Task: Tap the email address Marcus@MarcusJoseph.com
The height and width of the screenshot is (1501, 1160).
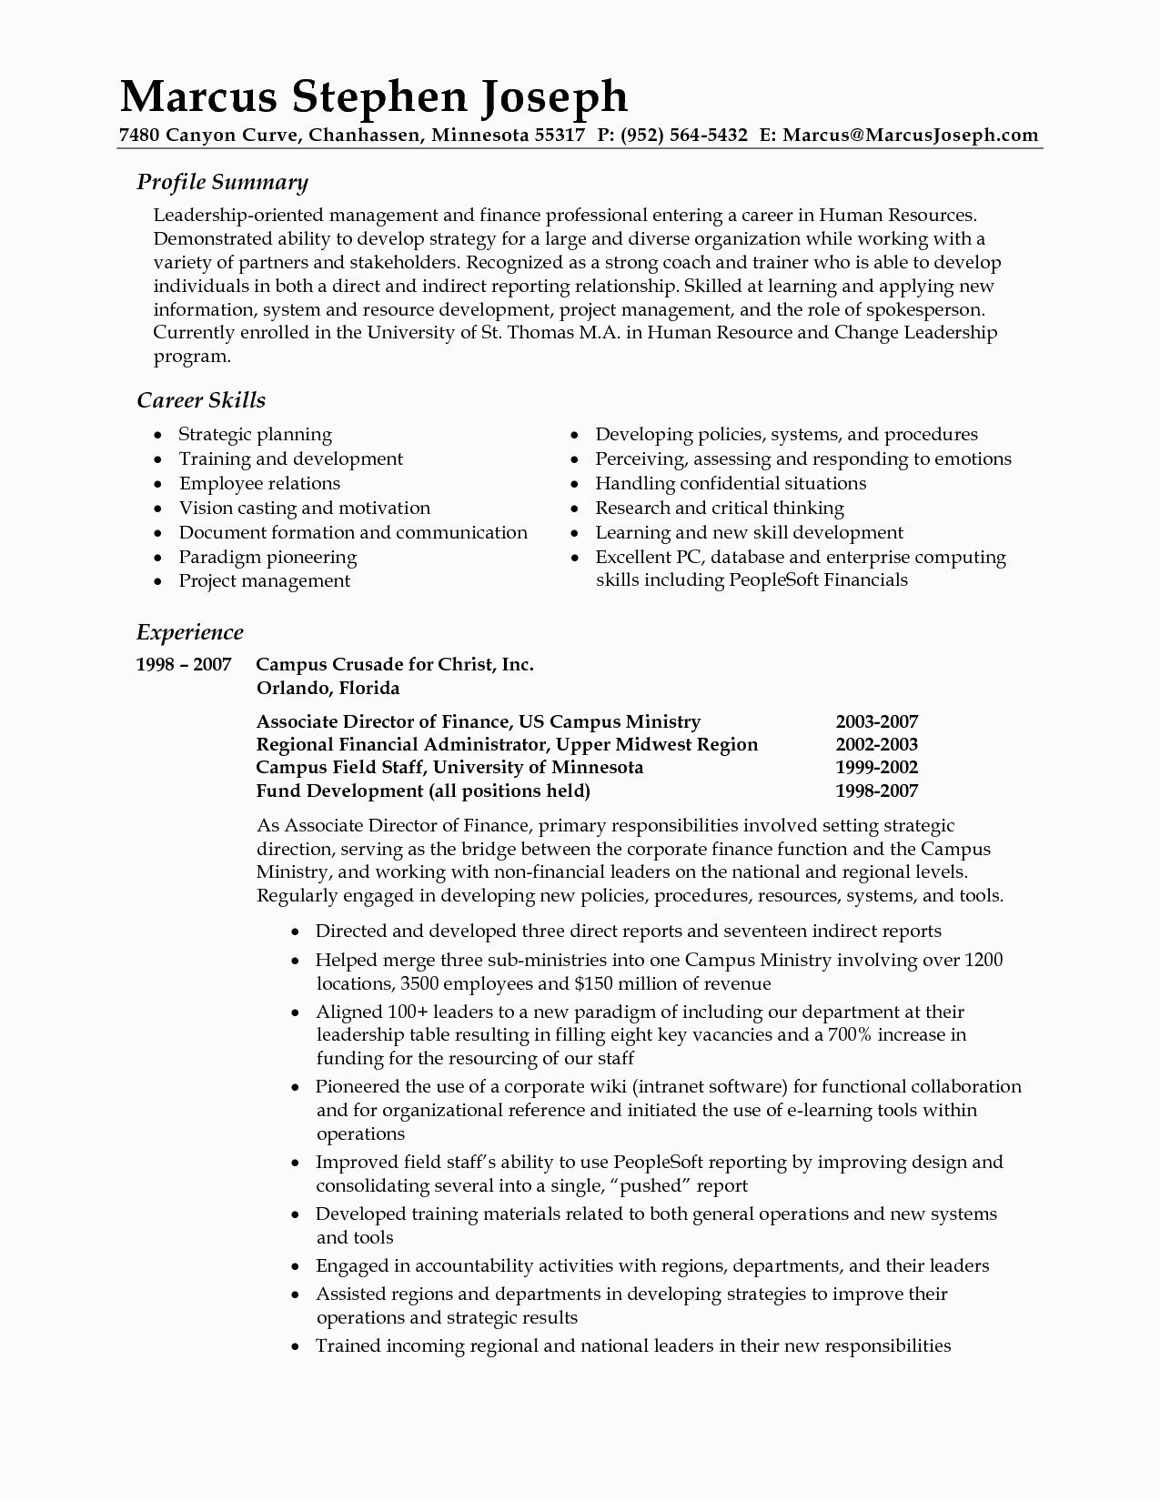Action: pyautogui.click(x=910, y=136)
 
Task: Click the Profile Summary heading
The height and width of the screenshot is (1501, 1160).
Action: pyautogui.click(x=222, y=182)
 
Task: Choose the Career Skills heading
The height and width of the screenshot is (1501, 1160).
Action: pyautogui.click(x=200, y=399)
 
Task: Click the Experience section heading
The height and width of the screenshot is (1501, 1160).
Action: pyautogui.click(x=189, y=631)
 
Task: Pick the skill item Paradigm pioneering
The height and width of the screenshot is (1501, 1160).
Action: pyautogui.click(x=267, y=557)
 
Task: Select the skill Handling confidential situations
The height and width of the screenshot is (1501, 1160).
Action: pyautogui.click(x=731, y=483)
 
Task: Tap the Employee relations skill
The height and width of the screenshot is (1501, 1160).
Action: pyautogui.click(x=259, y=483)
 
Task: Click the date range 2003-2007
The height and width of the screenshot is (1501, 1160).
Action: pyautogui.click(x=876, y=721)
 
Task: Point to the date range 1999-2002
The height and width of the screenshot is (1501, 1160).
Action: pyautogui.click(x=876, y=767)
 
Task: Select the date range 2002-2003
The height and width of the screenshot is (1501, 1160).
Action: pyautogui.click(x=876, y=744)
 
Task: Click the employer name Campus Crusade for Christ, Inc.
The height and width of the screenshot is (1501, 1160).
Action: pyautogui.click(x=395, y=664)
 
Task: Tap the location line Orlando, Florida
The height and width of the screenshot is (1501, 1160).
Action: pyautogui.click(x=328, y=687)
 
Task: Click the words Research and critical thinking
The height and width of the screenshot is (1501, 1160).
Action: pyautogui.click(x=720, y=508)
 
